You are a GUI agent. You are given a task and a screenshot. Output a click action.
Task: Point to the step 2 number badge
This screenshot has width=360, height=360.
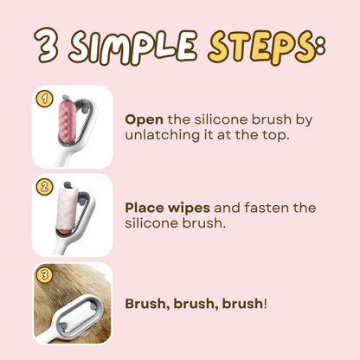[42, 186]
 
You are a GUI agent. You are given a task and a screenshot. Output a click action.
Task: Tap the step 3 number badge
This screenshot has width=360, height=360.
[42, 274]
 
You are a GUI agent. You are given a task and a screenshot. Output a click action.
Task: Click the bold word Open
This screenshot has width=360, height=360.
[143, 119]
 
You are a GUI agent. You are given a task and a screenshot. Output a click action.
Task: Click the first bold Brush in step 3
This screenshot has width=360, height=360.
[146, 305]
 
